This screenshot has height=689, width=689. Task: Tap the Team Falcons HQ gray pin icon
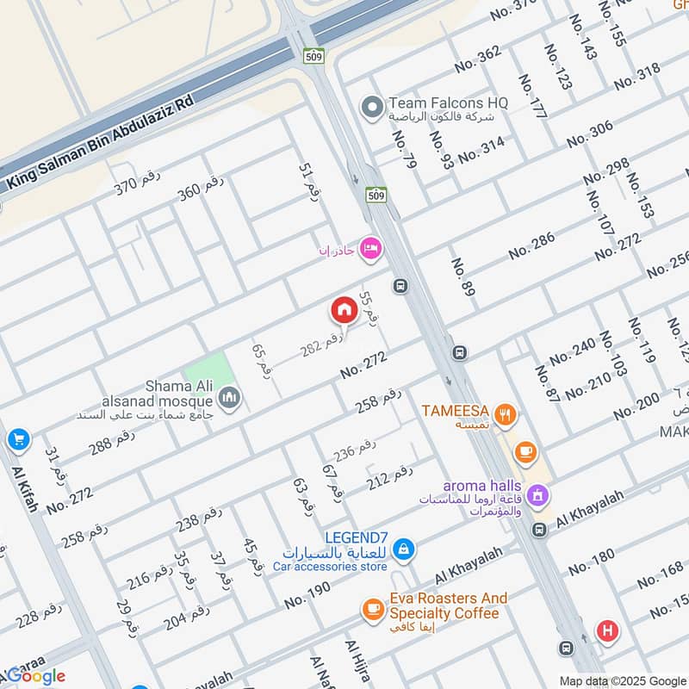372,108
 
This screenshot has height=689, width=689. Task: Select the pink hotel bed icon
372,248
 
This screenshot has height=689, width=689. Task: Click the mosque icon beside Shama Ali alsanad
229,397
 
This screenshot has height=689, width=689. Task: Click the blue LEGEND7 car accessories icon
403,548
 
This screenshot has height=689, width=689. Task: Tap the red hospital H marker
607,631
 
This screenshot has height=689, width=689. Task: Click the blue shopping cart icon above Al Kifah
18,440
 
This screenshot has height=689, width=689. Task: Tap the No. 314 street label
481,151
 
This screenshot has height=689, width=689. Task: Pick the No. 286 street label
531,246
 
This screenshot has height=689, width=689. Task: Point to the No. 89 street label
462,278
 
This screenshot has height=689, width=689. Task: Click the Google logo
37,676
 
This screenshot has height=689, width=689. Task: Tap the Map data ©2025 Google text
622,680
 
